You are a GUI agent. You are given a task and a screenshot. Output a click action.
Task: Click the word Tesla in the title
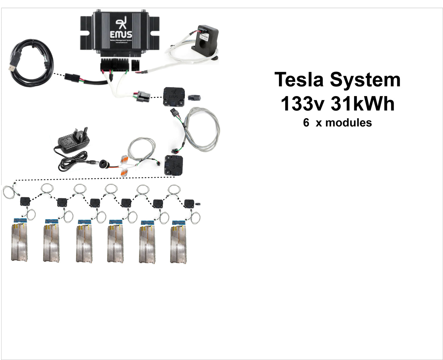pos(299,80)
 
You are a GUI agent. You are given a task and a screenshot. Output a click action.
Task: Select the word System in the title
pos(365,80)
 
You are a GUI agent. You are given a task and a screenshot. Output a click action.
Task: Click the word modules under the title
pos(349,122)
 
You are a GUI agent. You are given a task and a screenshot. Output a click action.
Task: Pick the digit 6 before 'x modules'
pos(306,122)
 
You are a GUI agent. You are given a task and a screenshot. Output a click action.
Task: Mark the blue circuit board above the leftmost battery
pos(20,221)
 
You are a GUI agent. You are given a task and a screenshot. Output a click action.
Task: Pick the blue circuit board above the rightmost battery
pos(179,222)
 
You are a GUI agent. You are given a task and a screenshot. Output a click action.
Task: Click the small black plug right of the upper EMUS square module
pos(194,97)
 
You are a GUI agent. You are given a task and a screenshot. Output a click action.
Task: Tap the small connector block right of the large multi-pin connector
pos(135,65)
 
